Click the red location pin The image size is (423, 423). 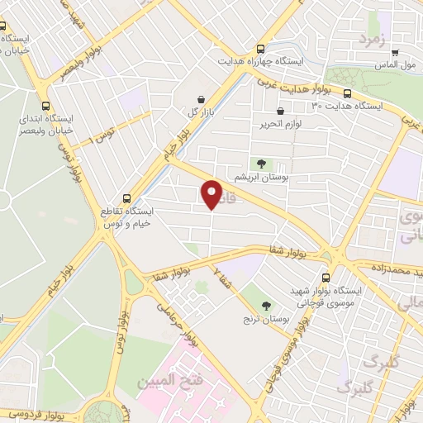(212, 193)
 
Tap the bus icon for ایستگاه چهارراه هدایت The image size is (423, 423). (261, 49)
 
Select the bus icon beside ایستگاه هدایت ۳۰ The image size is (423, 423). (347, 93)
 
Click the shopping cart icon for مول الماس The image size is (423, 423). (395, 50)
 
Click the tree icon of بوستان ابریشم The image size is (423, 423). (262, 164)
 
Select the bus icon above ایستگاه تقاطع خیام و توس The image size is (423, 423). (126, 198)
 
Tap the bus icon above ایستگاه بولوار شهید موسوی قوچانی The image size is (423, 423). (326, 278)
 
